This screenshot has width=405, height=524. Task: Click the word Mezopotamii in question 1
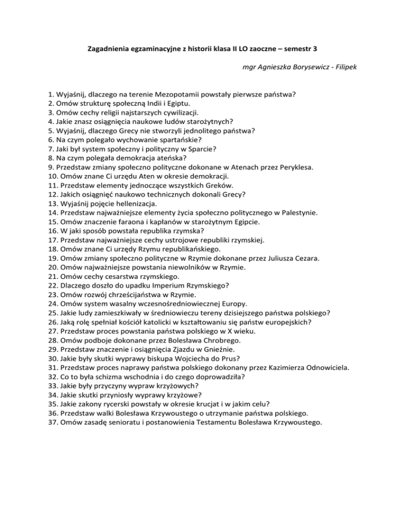click(168, 94)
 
